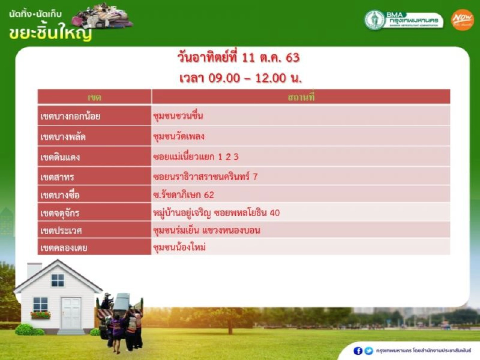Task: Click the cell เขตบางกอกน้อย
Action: (x=94, y=116)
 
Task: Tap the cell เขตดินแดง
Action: (x=94, y=157)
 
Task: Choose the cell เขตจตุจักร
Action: (x=94, y=213)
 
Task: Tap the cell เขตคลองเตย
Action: (x=94, y=247)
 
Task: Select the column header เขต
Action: (x=94, y=97)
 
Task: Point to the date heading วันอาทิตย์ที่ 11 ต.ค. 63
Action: (x=238, y=58)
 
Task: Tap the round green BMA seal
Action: (x=374, y=20)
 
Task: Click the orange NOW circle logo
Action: (x=462, y=20)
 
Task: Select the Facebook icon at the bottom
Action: (x=357, y=350)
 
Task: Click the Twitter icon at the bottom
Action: (x=368, y=350)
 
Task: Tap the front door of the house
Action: (x=70, y=312)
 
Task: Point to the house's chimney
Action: (x=34, y=271)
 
